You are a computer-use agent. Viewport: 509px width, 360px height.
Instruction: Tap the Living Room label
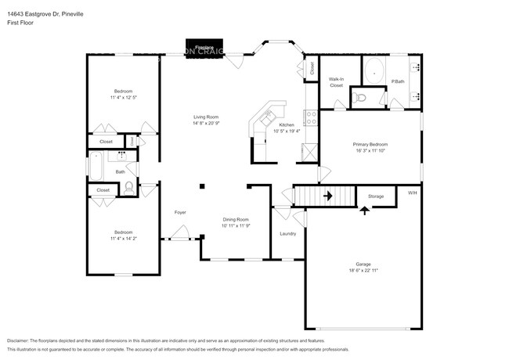pos(206,117)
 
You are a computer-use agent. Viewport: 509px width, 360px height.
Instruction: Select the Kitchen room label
pos(287,125)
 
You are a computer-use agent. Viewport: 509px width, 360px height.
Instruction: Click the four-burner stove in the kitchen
pos(310,119)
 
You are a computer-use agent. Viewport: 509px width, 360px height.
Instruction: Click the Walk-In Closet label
pos(336,81)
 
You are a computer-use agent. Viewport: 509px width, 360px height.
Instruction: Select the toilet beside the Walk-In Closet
pos(358,98)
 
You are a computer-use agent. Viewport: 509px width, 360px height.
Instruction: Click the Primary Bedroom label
pos(370,145)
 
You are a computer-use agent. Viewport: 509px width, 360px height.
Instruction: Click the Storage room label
pos(376,196)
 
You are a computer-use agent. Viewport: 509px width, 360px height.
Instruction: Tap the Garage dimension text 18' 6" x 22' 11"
pos(363,270)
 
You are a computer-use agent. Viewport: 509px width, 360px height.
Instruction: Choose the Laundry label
pos(287,233)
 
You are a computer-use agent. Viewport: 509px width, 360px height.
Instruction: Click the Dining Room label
pos(235,219)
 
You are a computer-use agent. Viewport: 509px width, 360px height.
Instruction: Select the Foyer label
pos(179,212)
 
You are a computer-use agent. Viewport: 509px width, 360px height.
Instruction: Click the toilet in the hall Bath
pos(129,187)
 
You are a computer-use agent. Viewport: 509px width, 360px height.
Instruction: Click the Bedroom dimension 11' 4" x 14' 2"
pos(123,238)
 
